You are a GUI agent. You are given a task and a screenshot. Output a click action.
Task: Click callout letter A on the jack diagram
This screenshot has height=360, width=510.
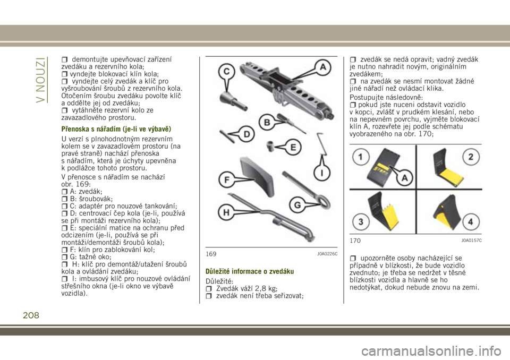pos(322,67)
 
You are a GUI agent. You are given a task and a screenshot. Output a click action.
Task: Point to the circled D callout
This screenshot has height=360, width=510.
pos(247,134)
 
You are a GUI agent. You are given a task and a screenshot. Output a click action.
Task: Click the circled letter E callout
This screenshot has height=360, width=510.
pos(293,148)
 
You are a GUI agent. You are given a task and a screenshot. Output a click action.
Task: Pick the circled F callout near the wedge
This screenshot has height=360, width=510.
pos(226,179)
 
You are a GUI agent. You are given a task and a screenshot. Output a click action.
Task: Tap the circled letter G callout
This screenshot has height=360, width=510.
pos(297,204)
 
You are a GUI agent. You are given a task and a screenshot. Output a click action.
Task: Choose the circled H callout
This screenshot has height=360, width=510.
pos(226,213)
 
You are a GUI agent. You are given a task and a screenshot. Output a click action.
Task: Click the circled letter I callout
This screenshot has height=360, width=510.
pos(322,173)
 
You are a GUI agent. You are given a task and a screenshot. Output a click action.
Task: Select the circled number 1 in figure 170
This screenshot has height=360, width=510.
pos(361,157)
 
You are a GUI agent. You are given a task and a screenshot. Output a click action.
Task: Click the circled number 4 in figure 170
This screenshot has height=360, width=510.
pos(470,222)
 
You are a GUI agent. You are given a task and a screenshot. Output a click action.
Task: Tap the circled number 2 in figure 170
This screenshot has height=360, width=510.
pos(470,157)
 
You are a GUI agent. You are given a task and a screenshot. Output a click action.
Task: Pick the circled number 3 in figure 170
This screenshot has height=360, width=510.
pos(361,222)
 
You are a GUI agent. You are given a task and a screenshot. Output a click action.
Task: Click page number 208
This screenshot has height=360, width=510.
pos(31,315)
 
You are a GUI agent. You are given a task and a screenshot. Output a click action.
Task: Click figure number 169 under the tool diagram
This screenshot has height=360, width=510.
pos(211,254)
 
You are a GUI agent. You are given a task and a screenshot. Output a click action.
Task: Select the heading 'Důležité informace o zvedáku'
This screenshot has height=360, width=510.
pos(250,271)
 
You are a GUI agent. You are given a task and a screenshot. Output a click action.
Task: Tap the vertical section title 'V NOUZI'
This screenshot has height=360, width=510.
pos(41,80)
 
